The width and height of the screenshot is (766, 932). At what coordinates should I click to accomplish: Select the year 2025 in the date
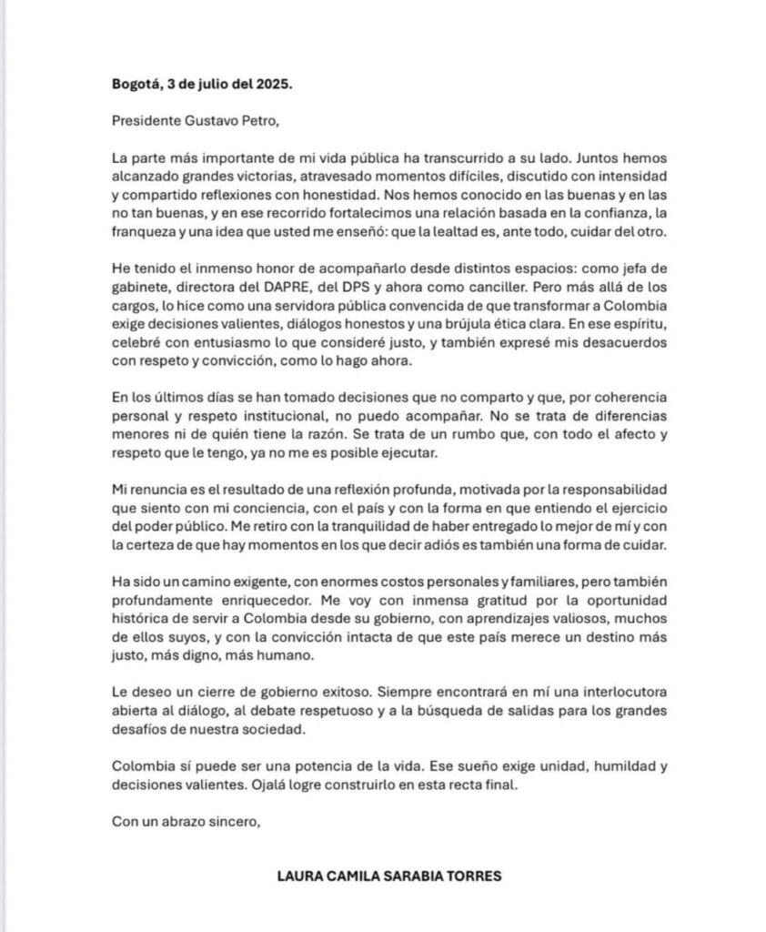(x=274, y=83)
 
